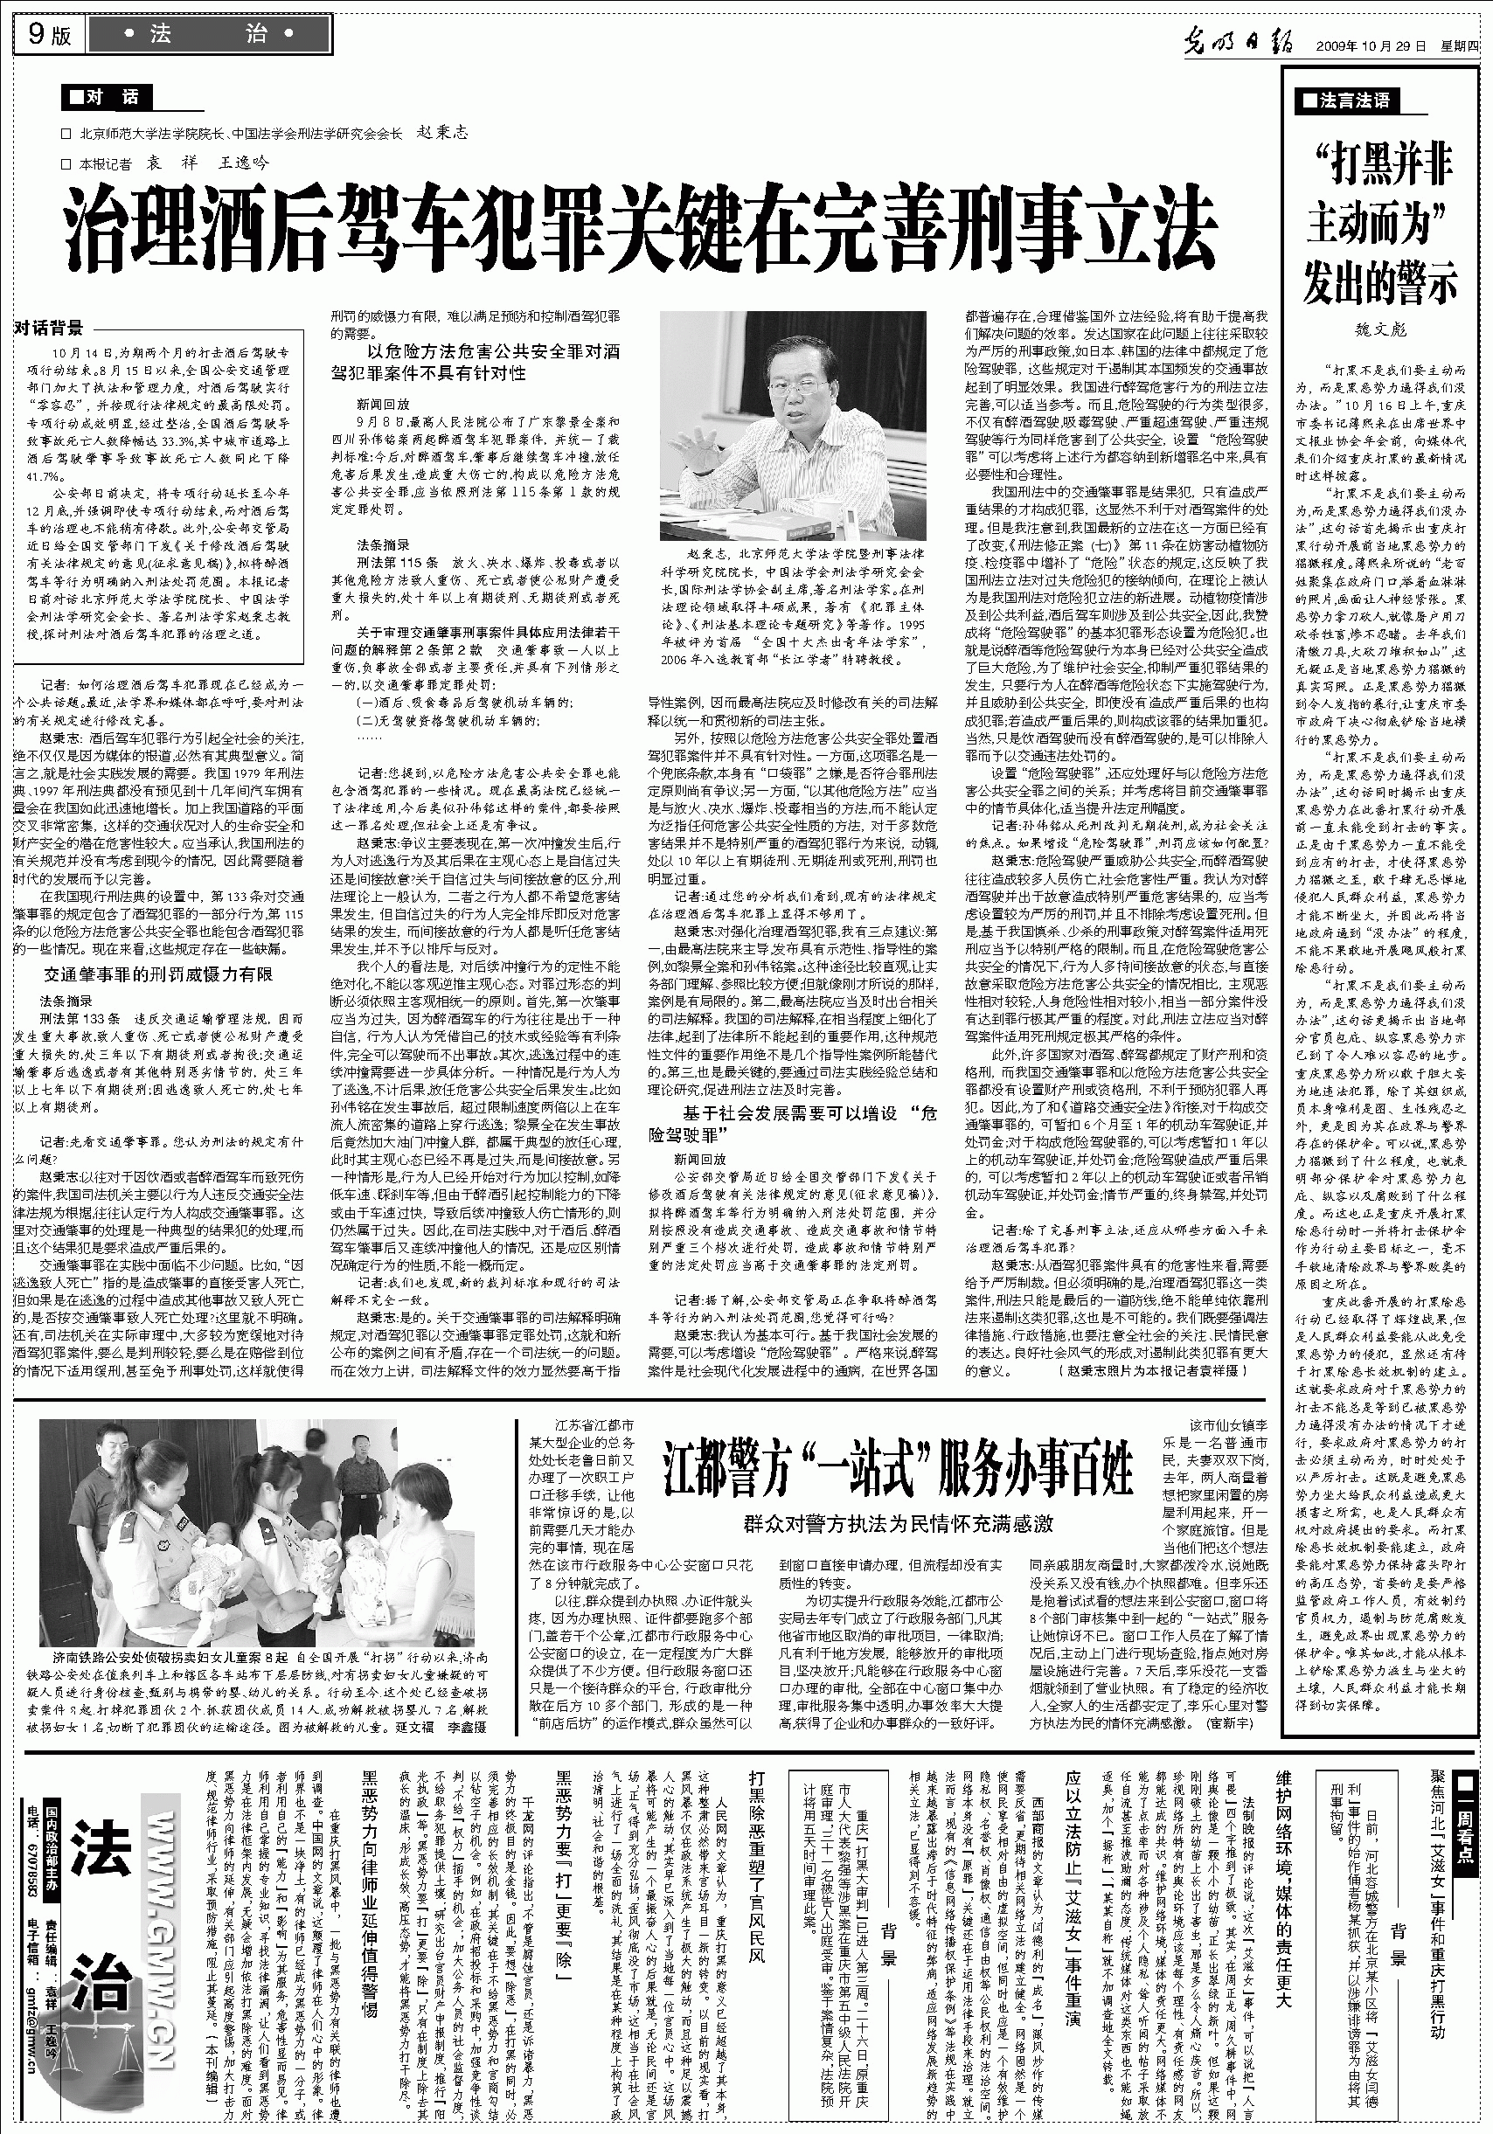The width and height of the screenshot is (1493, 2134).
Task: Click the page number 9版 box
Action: click(48, 35)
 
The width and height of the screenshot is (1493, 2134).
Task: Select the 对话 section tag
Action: click(105, 97)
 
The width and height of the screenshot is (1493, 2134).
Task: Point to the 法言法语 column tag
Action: click(1346, 100)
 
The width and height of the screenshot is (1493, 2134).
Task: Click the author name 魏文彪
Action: click(1380, 329)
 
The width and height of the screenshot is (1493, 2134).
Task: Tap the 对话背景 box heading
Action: click(49, 327)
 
